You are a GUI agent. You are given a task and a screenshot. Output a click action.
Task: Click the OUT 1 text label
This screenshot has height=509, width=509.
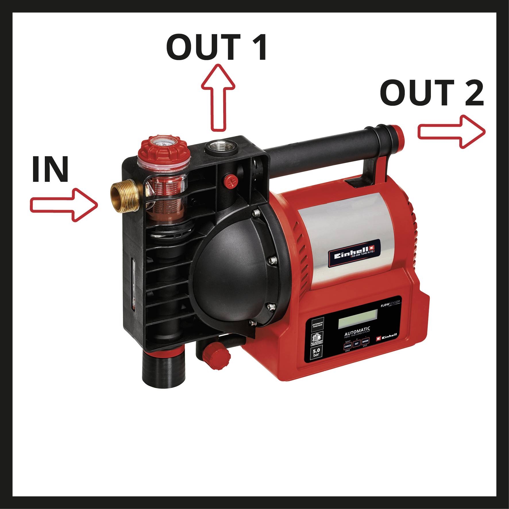(217, 47)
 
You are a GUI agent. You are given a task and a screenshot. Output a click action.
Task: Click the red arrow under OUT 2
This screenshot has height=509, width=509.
(451, 132)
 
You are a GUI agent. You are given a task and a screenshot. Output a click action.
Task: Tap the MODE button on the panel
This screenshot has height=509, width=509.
(365, 341)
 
